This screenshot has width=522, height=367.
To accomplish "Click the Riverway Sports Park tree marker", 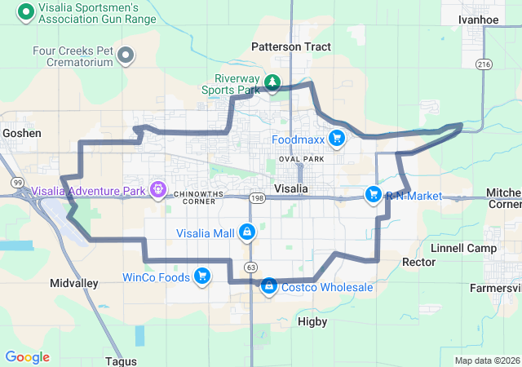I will coord(272,82).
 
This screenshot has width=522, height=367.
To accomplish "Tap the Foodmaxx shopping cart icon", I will coord(335,138).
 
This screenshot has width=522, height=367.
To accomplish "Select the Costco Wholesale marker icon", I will coord(268,285).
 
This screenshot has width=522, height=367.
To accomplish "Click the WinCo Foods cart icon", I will coord(201,276).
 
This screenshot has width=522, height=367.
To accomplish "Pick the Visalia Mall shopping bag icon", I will coord(246,232).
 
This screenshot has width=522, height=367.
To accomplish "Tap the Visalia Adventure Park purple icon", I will coord(157,192).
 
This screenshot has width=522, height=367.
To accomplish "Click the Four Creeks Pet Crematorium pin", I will coord(126,55).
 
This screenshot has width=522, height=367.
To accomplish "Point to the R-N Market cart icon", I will coord(374,194).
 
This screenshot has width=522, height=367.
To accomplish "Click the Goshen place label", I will coord(21,132).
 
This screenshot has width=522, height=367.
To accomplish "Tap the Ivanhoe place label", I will coord(479,19).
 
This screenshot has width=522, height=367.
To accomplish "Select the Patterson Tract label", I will coord(291,46).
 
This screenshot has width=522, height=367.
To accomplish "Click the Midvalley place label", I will coord(73,283).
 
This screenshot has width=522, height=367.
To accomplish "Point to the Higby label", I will coord(312,322).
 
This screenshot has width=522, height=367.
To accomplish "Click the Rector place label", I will coord(419,262).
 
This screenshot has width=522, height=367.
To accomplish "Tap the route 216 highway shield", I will coord(484,64).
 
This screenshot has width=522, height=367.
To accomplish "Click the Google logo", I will coord(27,357).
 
